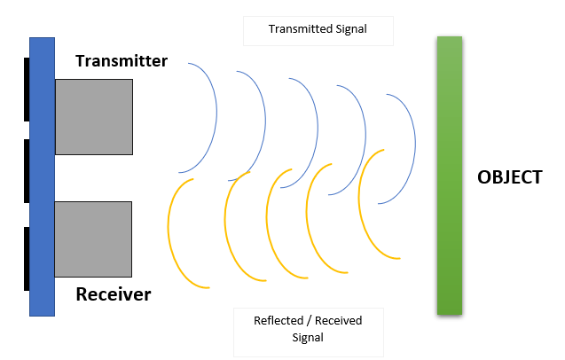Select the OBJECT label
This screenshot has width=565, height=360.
[x=508, y=176]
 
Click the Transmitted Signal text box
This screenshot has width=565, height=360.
[x=318, y=30]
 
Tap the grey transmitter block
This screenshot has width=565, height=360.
[x=93, y=116]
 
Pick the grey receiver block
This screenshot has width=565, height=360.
[x=93, y=238]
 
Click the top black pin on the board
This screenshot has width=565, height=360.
[x=27, y=89]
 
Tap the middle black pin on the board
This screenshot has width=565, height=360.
[x=27, y=171]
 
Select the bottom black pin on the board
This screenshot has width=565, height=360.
[x=27, y=258]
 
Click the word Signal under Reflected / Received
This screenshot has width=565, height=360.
[x=307, y=338]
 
